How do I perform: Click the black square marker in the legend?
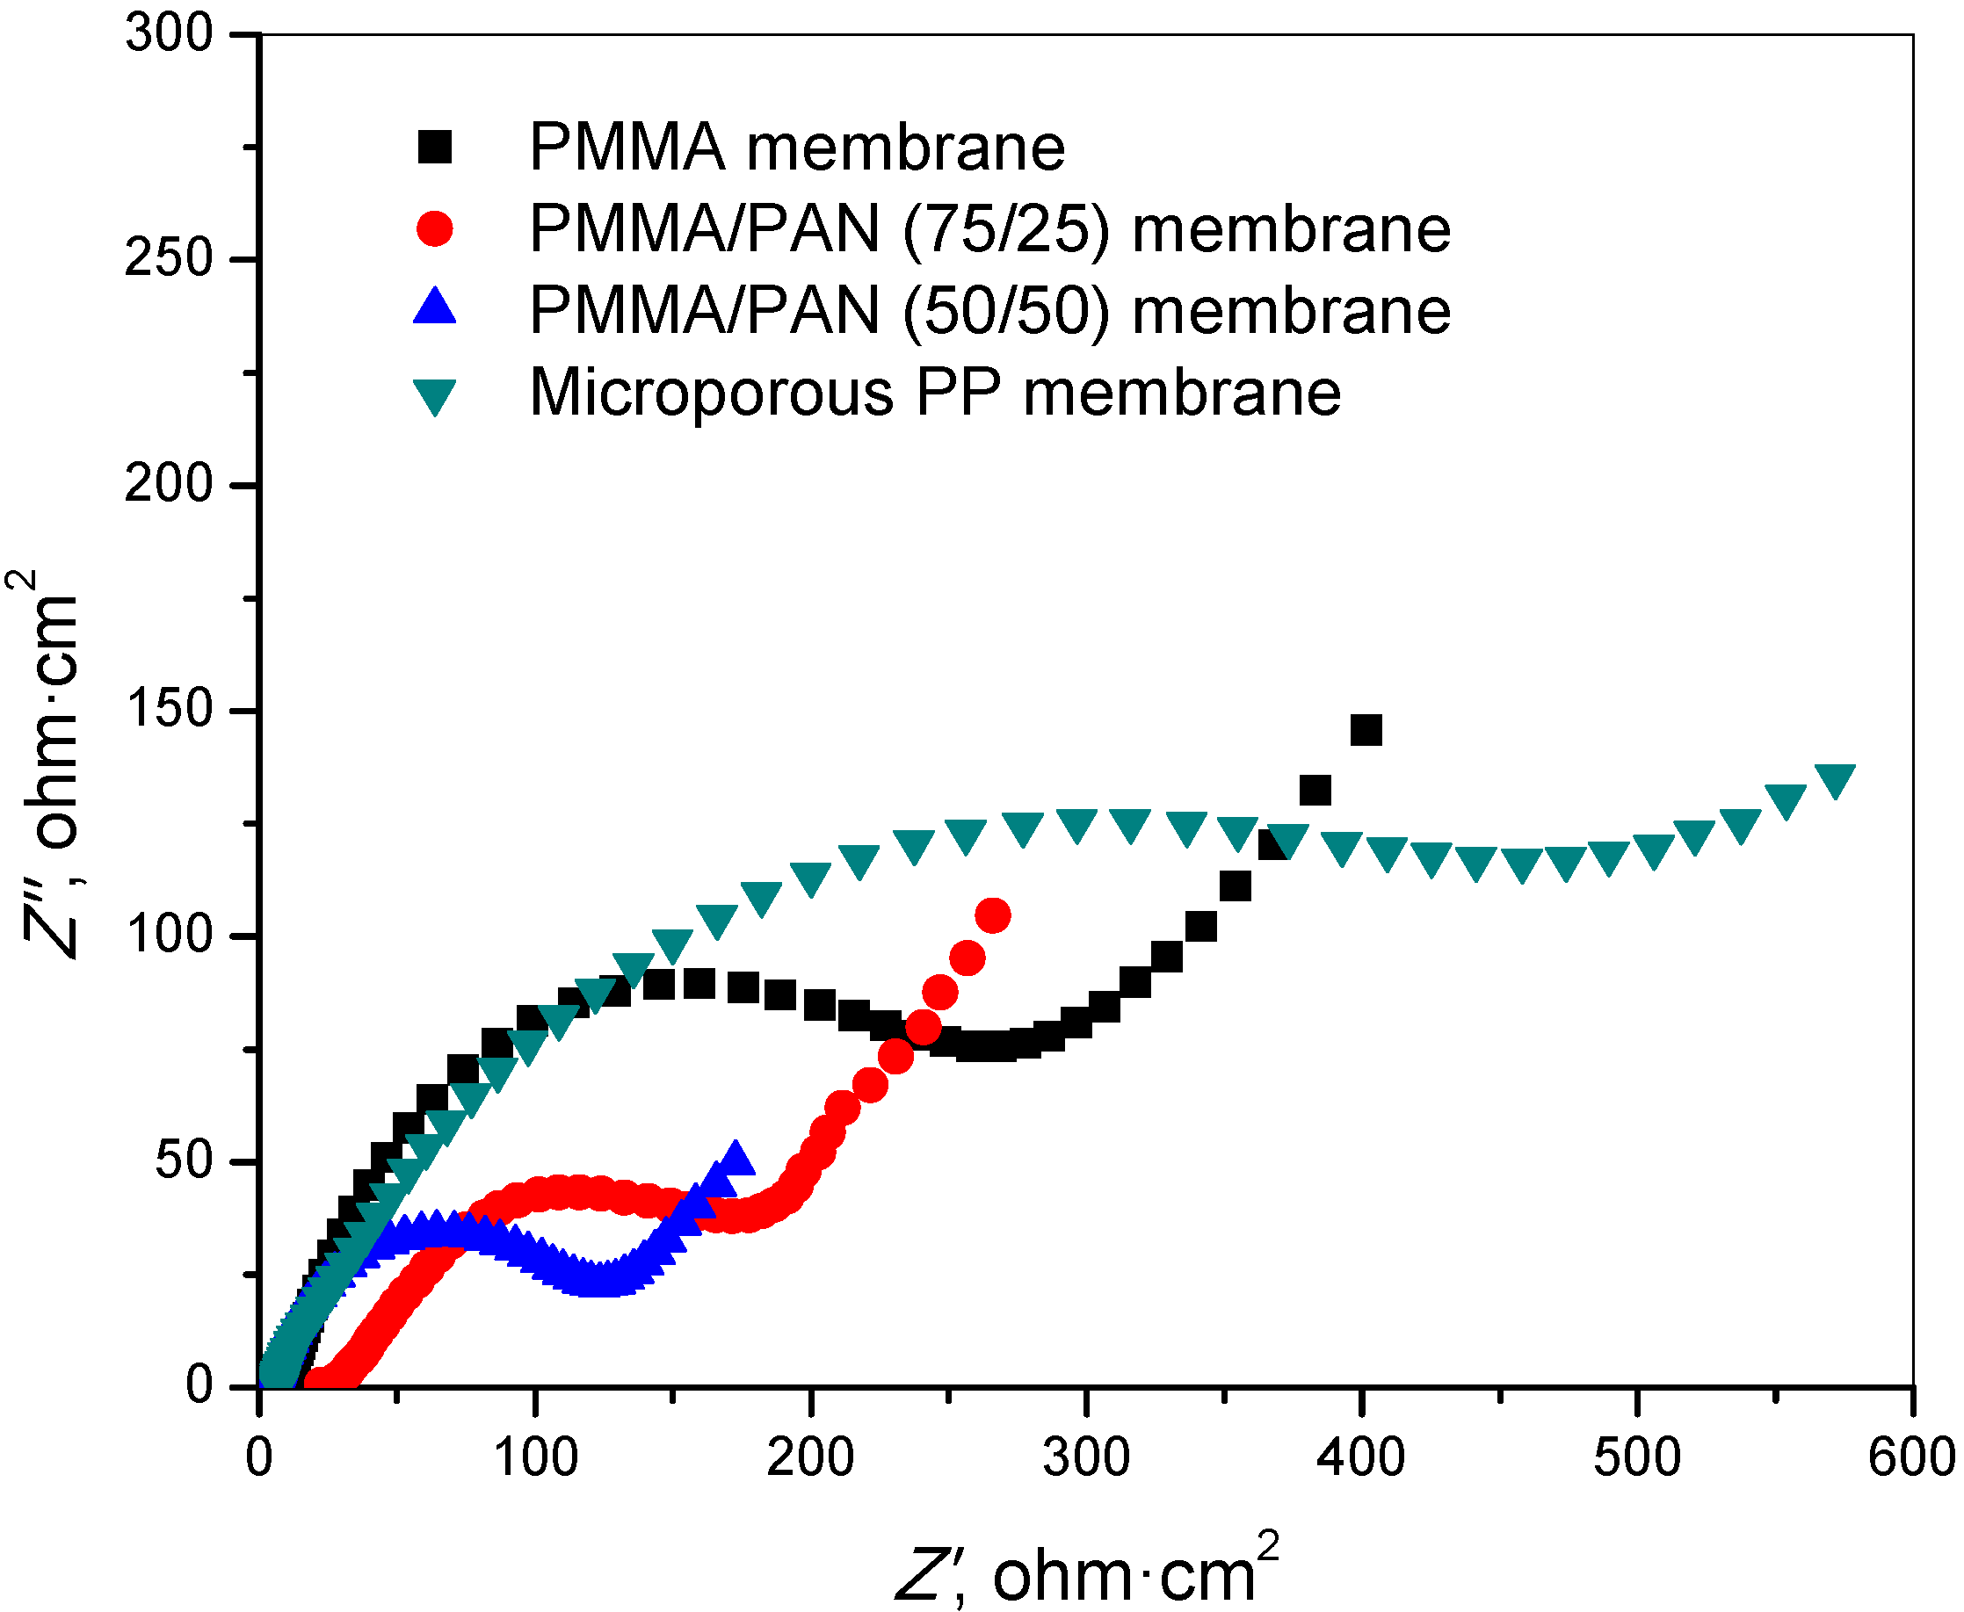tap(435, 147)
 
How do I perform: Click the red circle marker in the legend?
tap(435, 228)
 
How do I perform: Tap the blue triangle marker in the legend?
tap(435, 307)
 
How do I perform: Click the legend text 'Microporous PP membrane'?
tap(935, 394)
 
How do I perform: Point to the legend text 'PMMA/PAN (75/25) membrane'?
tap(989, 229)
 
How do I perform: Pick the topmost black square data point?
tap(1366, 731)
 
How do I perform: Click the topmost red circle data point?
tap(993, 916)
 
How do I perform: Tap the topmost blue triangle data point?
tap(736, 1158)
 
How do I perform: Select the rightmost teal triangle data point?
tap(1835, 781)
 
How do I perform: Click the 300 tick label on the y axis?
tap(169, 34)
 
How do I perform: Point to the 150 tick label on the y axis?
tap(169, 711)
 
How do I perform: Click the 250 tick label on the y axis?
tap(169, 259)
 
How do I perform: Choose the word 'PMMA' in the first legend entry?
tap(627, 148)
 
